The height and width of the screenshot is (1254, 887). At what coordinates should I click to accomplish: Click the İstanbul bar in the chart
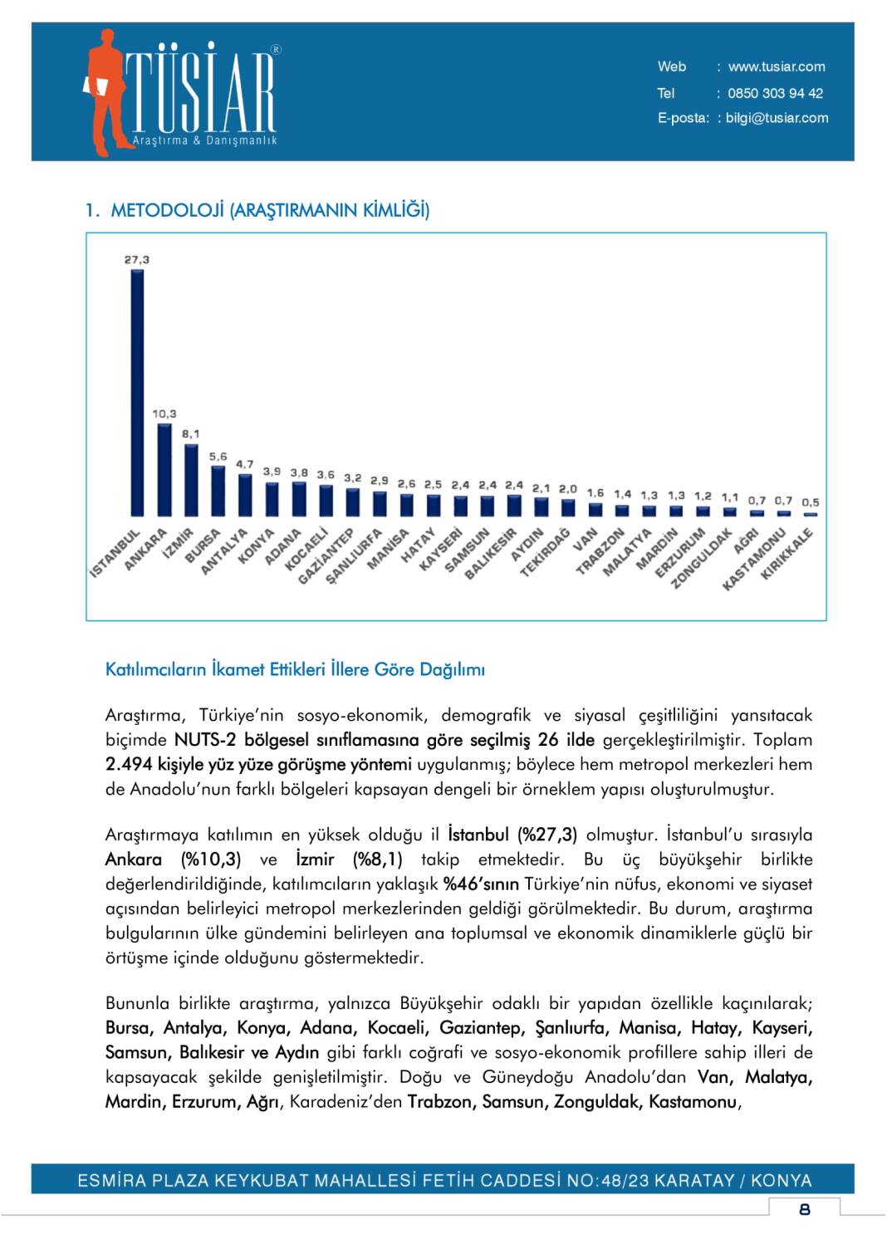pyautogui.click(x=137, y=392)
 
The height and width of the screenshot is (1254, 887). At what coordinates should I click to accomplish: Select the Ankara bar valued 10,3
pyautogui.click(x=164, y=469)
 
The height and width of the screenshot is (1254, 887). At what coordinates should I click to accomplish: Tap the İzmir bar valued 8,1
pyautogui.click(x=191, y=480)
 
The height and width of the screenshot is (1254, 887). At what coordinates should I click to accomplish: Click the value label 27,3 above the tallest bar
pyautogui.click(x=137, y=260)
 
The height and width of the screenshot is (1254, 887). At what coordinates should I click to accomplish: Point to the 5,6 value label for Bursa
pyautogui.click(x=218, y=457)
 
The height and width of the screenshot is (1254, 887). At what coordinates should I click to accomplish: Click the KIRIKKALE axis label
pyautogui.click(x=787, y=554)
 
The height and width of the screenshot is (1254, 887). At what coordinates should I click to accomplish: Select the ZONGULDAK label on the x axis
pyautogui.click(x=702, y=558)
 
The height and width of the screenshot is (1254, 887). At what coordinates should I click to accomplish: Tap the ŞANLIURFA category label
pyautogui.click(x=354, y=556)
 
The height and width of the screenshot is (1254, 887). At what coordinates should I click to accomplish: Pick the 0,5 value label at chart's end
pyautogui.click(x=811, y=502)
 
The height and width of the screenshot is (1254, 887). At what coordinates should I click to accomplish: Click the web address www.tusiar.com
pyautogui.click(x=777, y=67)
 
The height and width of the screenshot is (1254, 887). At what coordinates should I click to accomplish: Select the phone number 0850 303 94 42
pyautogui.click(x=775, y=94)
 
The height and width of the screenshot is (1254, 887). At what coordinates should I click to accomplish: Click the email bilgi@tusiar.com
pyautogui.click(x=777, y=118)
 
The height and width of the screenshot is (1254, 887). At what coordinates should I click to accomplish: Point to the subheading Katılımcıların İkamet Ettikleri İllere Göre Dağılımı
pyautogui.click(x=295, y=669)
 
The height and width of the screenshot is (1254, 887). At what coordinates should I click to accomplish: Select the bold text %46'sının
pyautogui.click(x=481, y=884)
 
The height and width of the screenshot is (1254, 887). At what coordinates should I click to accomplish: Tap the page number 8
pyautogui.click(x=804, y=1209)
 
